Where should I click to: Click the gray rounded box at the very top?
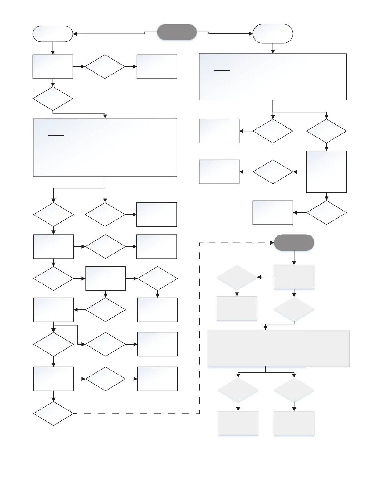click(177, 32)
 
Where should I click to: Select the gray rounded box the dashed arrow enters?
click(294, 243)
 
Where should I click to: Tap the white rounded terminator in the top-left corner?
click(53, 34)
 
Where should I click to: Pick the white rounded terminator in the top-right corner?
click(273, 33)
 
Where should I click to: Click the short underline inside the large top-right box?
click(222, 71)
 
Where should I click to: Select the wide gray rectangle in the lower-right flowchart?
click(278, 348)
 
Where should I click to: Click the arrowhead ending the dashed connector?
click(272, 243)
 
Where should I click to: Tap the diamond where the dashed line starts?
click(53, 414)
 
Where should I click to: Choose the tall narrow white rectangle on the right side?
click(326, 172)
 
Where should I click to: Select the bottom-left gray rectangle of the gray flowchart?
click(238, 423)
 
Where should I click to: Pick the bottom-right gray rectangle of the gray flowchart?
click(294, 423)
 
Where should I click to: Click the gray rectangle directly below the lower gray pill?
click(294, 277)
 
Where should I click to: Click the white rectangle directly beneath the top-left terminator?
click(53, 67)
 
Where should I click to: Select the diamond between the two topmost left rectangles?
click(105, 67)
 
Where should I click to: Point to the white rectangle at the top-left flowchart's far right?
click(157, 67)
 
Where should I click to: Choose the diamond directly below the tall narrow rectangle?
click(326, 213)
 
